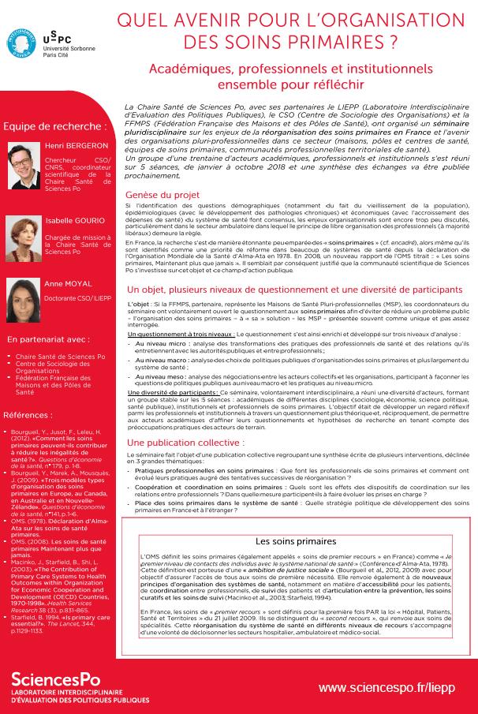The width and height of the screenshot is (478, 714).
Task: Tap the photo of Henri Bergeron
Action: (24, 162)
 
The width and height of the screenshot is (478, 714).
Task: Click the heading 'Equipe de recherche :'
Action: (54, 126)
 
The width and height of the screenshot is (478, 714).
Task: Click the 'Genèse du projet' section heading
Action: (162, 195)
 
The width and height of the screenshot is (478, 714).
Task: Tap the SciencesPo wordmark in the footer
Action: (55, 678)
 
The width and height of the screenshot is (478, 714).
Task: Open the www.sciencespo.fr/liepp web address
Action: (387, 688)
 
